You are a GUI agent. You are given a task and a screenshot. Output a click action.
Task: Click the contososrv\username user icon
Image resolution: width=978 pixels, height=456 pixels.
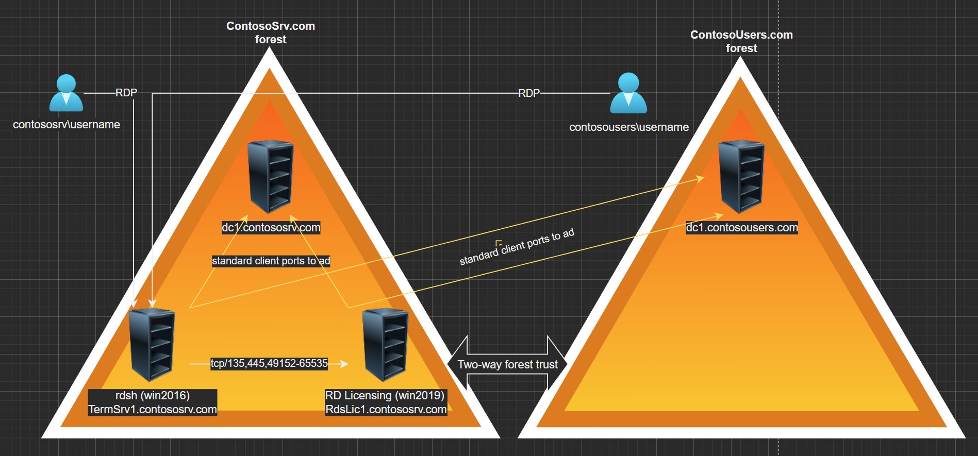coord(66,93)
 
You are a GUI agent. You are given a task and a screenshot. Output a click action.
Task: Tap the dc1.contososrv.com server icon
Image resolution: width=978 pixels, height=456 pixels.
coord(271,177)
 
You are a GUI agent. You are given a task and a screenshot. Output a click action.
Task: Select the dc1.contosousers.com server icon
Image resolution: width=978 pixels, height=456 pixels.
coord(741,177)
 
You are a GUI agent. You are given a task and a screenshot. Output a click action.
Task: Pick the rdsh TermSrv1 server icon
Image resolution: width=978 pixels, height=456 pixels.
coord(152,345)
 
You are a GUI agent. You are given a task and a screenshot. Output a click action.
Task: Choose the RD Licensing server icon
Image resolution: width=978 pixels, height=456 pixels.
coord(386,345)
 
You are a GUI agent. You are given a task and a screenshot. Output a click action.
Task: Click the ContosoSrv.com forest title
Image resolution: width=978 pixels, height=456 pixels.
coord(271,32)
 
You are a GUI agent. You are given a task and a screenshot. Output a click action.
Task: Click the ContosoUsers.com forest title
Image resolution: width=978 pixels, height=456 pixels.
coord(741,41)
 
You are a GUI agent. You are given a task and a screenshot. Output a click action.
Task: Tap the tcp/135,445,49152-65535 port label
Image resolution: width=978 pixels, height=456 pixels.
coord(269,363)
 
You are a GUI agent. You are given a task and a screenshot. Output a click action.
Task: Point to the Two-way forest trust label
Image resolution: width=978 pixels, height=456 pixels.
coord(507,365)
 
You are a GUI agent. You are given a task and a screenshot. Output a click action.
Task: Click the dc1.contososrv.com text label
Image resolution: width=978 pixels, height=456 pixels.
coord(271,227)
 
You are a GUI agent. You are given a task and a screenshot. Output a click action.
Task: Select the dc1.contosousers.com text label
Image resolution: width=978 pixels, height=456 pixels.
coord(741,227)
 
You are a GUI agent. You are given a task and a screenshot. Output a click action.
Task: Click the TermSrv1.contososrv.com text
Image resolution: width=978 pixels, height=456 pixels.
coord(153,409)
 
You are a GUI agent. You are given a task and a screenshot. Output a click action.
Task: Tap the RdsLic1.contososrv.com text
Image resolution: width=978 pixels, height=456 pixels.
coord(386,409)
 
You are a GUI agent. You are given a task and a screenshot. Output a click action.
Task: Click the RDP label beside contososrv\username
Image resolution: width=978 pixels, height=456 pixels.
coord(126,93)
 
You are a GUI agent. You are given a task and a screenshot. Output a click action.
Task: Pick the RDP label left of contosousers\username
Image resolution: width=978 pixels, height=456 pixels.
coord(528,93)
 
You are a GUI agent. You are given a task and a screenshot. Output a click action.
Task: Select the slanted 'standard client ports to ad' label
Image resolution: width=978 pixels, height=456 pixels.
coord(517,247)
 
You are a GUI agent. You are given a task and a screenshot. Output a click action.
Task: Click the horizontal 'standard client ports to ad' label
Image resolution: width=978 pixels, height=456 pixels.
coord(271,261)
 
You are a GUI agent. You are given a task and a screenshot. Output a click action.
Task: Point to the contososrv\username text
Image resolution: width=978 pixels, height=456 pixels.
coord(67,125)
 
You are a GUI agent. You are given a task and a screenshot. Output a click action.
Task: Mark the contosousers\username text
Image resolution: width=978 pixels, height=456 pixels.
coord(629,127)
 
